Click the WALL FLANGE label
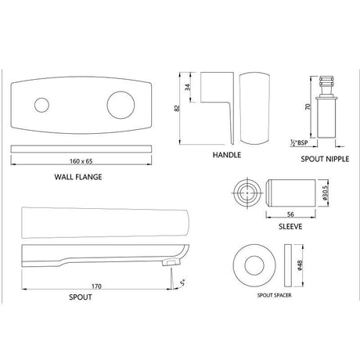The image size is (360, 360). point(78,177)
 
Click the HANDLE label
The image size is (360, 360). point(226,156)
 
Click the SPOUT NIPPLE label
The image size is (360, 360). point(325,158)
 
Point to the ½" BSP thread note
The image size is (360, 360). point(298,142)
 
